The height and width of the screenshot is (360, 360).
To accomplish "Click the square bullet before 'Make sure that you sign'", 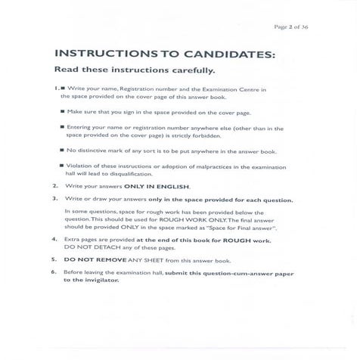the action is click(x=61, y=110).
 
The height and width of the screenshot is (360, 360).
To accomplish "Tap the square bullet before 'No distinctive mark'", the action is click(x=61, y=151).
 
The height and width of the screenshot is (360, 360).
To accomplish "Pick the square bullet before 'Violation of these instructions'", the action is click(x=61, y=165).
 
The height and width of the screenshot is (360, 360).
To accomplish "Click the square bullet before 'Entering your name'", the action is click(x=61, y=128).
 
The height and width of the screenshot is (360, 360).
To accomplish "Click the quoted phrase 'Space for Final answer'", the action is click(x=255, y=227).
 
